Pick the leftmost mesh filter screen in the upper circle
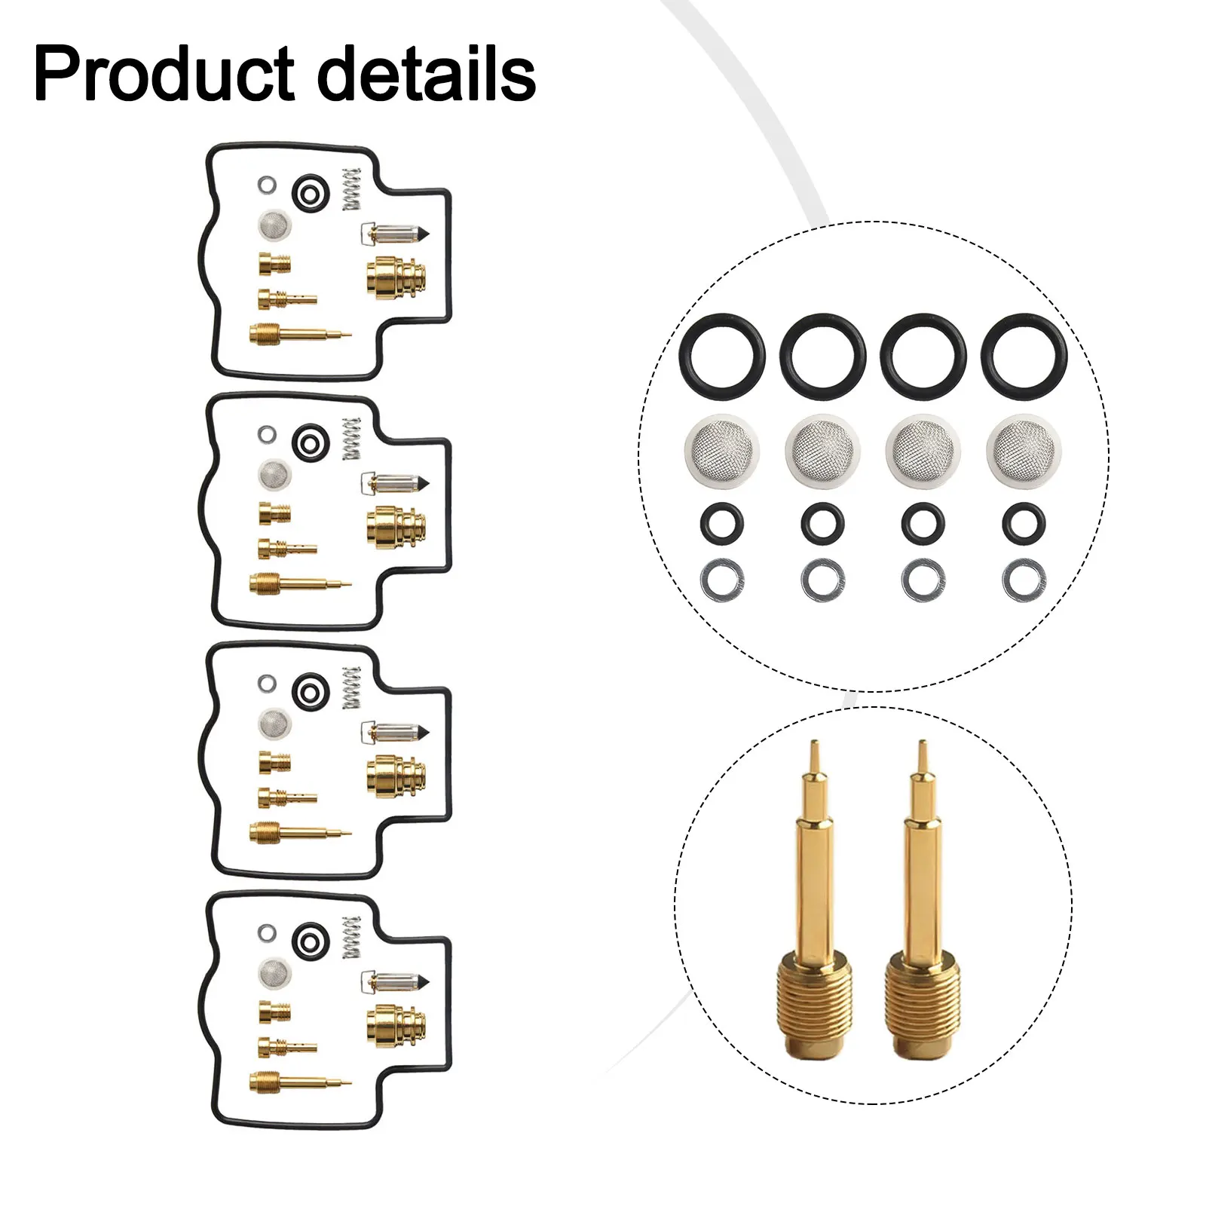click(721, 451)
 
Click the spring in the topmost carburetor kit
click(351, 189)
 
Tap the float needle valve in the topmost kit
click(394, 234)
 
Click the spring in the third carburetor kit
click(351, 687)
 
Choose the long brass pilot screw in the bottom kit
click(300, 1082)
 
